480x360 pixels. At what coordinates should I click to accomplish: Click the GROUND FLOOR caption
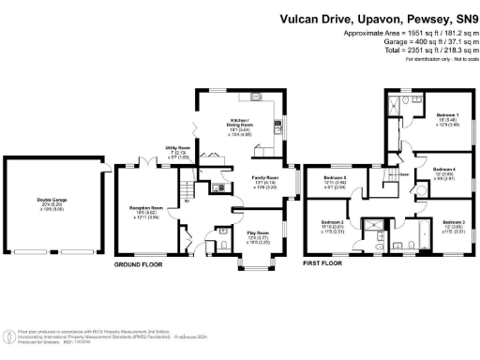pos(139,265)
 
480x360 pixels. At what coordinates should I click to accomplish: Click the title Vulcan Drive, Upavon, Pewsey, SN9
pos(380,19)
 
